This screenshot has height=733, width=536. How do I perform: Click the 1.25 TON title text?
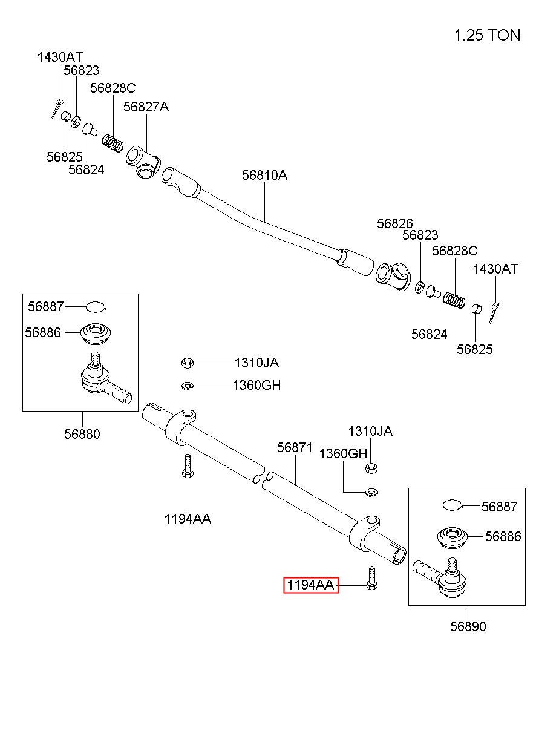tap(487, 35)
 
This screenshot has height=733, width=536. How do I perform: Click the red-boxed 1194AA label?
tap(311, 585)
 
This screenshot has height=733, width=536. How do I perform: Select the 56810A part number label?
tap(264, 176)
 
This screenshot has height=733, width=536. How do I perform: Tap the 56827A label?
tap(146, 107)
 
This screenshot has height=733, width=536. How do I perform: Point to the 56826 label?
tap(394, 224)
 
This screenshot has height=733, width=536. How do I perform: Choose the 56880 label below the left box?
tap(82, 434)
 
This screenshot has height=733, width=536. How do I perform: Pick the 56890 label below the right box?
tap(468, 626)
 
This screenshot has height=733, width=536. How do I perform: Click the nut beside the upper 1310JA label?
tap(187, 363)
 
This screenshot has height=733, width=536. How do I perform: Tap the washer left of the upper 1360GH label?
tap(187, 386)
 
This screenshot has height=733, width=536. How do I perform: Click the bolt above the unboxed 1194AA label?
tap(188, 466)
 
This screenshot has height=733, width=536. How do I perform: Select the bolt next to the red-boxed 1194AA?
tap(371, 578)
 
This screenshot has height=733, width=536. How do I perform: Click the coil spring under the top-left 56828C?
tap(113, 143)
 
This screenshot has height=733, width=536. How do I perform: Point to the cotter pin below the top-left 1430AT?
tap(58, 108)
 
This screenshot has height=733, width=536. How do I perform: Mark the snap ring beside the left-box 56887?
tap(96, 307)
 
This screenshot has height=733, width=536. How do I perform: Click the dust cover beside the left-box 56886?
tap(96, 333)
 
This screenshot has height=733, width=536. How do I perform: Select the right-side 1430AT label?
tap(495, 269)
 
